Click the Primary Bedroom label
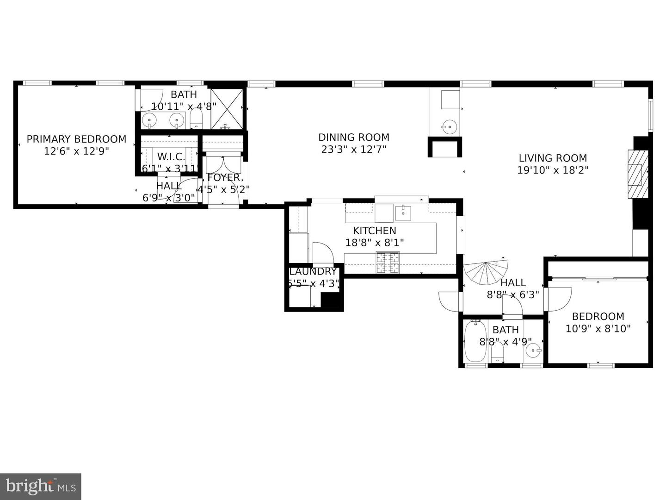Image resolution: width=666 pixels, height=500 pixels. coord(76,139)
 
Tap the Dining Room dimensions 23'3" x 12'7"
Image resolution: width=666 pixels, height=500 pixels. coord(354,150)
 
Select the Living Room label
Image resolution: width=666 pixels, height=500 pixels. coord(552,158)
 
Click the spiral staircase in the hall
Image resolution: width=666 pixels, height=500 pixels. coord(486,274)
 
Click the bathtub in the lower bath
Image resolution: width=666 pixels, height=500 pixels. coord(475,341)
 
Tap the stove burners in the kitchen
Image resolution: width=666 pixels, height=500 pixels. coord(388,262)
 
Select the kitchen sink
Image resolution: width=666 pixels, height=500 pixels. coord(403,212)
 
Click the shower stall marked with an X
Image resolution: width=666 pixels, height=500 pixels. coord(227,109)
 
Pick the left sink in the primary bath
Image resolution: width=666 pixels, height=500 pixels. coord(149,121)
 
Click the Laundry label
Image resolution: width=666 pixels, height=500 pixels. coord(313,272)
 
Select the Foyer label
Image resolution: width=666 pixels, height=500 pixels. coord(224,178)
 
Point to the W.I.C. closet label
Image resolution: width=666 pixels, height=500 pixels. coord(171,156)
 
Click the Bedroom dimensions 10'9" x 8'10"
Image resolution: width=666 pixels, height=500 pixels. coord(598,329)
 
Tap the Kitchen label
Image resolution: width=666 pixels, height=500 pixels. coord(375,231)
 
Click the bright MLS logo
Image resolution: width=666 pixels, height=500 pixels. coord(41,486)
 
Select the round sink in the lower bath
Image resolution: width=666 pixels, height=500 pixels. coord(535,350)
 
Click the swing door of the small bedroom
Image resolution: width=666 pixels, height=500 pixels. coord(559,299)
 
